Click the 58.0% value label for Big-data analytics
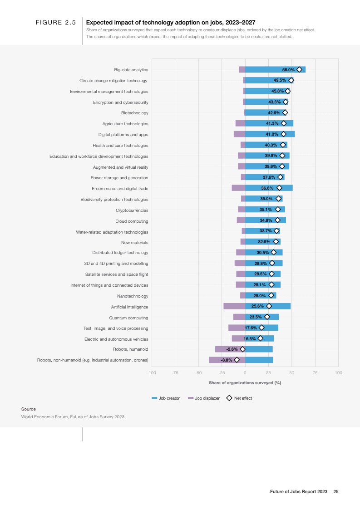click(x=288, y=70)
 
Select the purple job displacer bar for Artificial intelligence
click(x=234, y=306)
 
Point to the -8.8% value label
click(x=226, y=360)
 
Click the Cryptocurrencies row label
click(x=132, y=210)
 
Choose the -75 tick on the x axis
click(x=175, y=372)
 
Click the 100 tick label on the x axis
click(x=338, y=372)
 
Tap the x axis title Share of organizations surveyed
click(x=245, y=383)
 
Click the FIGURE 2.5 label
click(x=55, y=22)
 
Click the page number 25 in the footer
click(x=336, y=491)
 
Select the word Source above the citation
click(x=29, y=409)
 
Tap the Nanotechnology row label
click(x=133, y=296)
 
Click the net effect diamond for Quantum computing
click(x=267, y=317)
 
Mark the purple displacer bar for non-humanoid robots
click(x=227, y=360)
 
